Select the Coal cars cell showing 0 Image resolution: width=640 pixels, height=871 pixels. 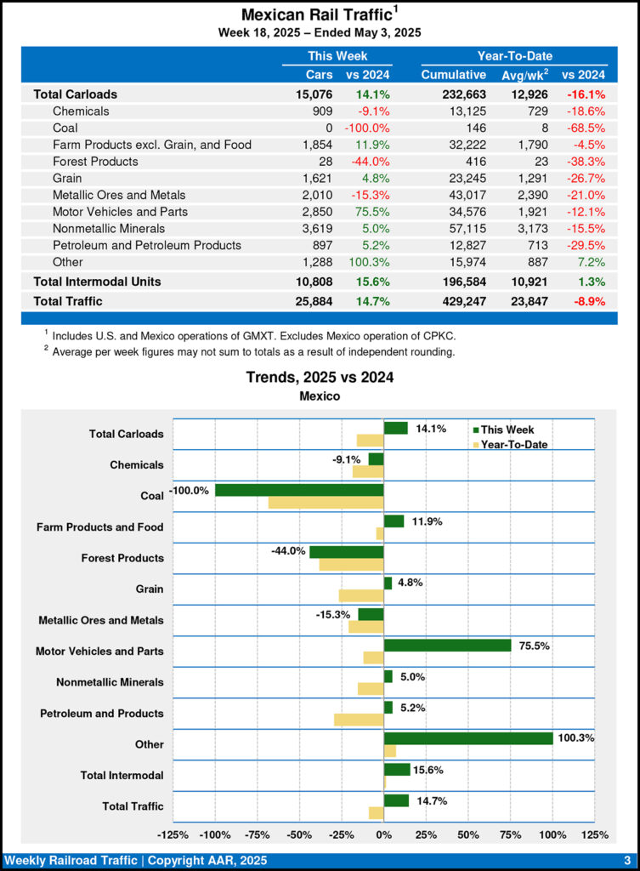329,128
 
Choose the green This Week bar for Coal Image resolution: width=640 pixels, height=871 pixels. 299,490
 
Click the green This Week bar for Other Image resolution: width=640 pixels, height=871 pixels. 468,737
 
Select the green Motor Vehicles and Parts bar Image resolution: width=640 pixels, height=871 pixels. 447,645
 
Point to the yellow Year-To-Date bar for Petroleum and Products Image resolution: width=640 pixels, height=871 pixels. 359,720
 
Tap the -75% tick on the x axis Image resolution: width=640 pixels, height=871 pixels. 257,834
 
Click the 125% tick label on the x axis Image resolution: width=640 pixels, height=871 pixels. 594,834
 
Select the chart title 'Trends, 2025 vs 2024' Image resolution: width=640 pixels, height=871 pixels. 320,377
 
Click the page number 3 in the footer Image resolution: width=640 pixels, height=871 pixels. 626,860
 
